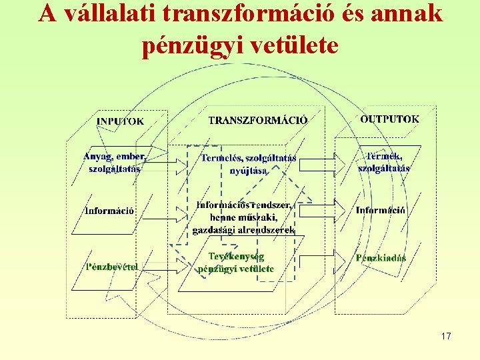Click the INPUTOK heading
pos(120,121)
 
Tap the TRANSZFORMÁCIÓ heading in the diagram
pos(258,121)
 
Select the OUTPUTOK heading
pos(390,119)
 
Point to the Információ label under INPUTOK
pos(109,211)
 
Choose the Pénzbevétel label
pos(111,267)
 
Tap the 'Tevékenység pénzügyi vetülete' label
pos(236,263)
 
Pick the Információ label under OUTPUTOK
pos(381,211)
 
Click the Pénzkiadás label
pos(381,259)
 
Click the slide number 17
pos(445,336)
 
